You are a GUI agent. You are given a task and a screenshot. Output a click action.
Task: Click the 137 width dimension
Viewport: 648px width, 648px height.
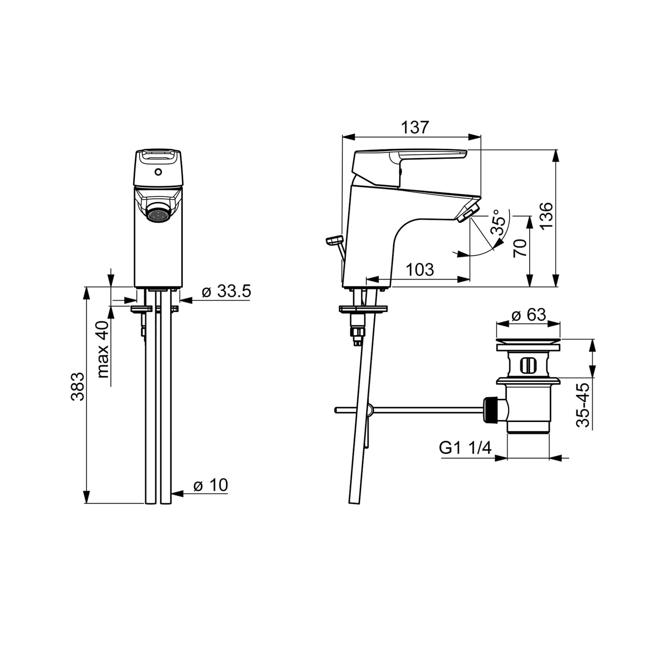415,127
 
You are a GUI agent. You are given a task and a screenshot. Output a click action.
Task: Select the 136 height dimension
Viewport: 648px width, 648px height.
546,216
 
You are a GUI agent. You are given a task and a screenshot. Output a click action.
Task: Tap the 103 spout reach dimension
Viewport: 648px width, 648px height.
420,270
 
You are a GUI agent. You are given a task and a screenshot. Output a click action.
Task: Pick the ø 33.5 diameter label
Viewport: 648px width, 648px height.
226,292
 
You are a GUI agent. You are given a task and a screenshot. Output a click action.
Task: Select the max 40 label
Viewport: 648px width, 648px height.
103,349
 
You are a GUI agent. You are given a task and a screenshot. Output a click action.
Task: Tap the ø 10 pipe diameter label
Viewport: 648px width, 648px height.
210,485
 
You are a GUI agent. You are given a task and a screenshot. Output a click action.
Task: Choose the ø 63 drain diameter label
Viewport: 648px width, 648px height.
529,314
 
